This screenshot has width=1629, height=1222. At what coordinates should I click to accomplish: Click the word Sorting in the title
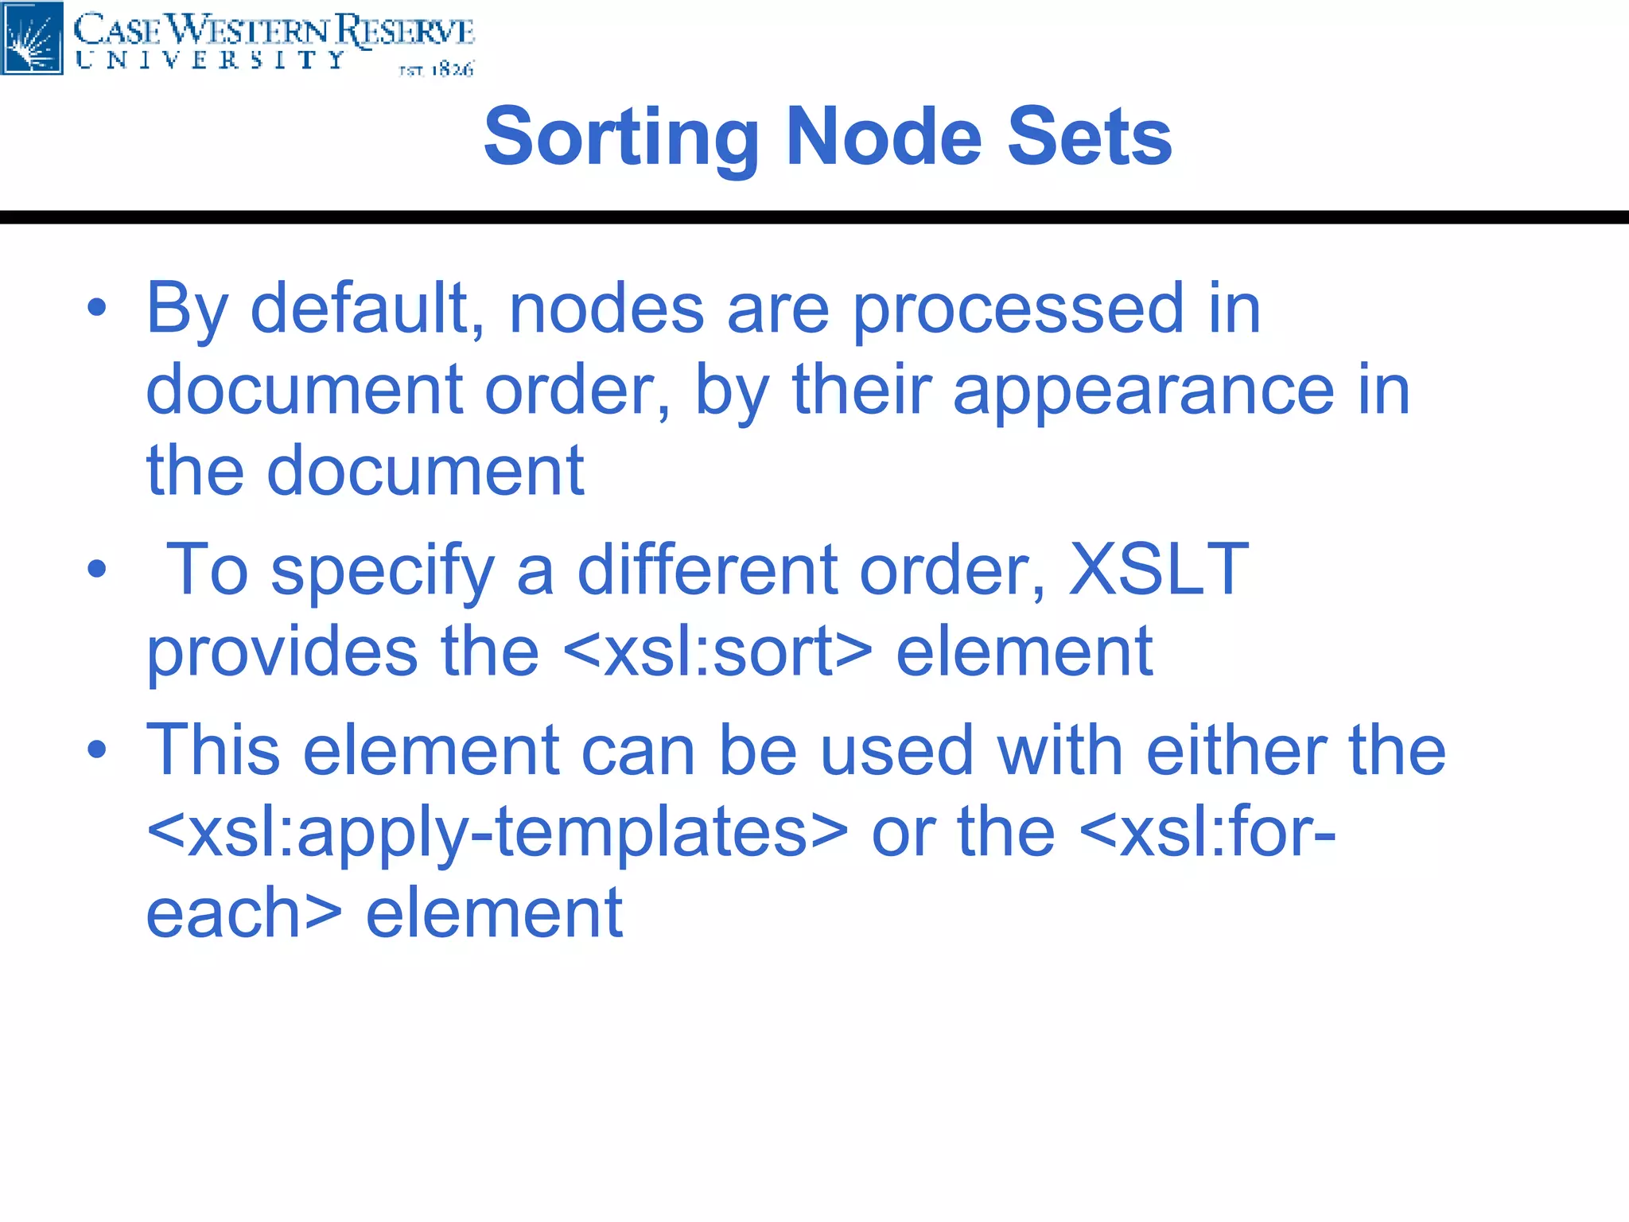coord(620,138)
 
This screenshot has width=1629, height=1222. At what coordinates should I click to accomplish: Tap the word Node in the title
coord(884,137)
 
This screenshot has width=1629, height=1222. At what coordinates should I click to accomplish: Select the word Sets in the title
coord(1089,137)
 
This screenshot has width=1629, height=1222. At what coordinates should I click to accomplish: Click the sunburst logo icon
coord(32,38)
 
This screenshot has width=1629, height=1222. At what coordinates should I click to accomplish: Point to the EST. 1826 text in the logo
coord(436,70)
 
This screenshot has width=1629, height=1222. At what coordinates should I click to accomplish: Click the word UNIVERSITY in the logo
coord(210,60)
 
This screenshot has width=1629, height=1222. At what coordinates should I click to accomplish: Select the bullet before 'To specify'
coord(97,569)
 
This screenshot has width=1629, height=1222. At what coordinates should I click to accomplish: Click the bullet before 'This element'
coord(97,749)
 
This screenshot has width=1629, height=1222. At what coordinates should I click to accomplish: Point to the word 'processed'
coord(1019,311)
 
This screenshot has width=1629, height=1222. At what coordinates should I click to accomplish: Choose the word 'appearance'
coord(1143,392)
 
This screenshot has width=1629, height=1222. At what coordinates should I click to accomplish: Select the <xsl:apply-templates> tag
coord(497,833)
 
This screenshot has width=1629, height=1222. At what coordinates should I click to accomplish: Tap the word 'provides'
coord(282,652)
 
